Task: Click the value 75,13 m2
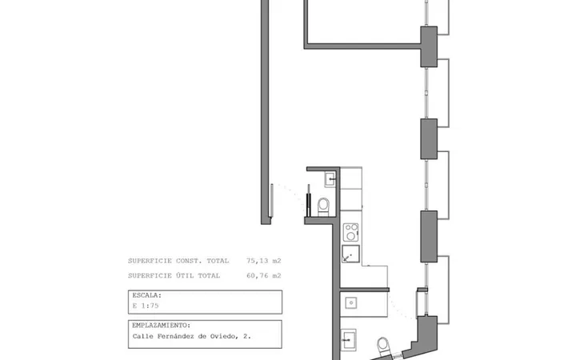click(264, 261)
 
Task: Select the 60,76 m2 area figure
click(264, 275)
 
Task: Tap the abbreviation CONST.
click(189, 261)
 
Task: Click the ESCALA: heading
click(147, 295)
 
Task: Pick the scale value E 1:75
click(146, 306)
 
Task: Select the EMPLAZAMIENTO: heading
click(162, 326)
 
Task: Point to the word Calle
click(143, 336)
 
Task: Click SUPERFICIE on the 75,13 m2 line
click(150, 261)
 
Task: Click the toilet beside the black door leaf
click(324, 207)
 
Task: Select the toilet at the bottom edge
click(384, 346)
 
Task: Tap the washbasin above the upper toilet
click(330, 179)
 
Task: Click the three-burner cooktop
click(351, 232)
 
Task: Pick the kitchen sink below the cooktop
click(350, 254)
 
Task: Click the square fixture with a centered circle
click(351, 303)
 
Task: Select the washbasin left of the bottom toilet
click(348, 340)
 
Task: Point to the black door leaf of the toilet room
click(309, 201)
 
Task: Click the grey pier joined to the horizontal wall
click(429, 46)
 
